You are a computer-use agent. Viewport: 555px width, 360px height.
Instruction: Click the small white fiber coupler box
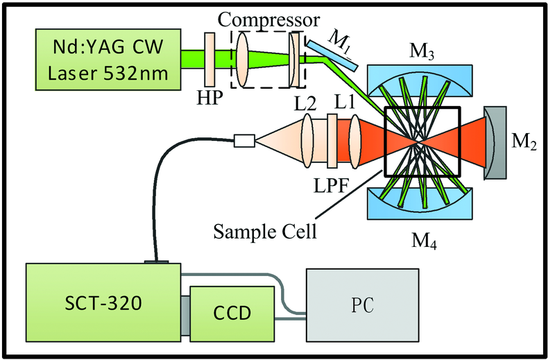coord(245,142)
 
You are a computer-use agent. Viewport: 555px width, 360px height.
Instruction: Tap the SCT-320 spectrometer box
coord(102,303)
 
